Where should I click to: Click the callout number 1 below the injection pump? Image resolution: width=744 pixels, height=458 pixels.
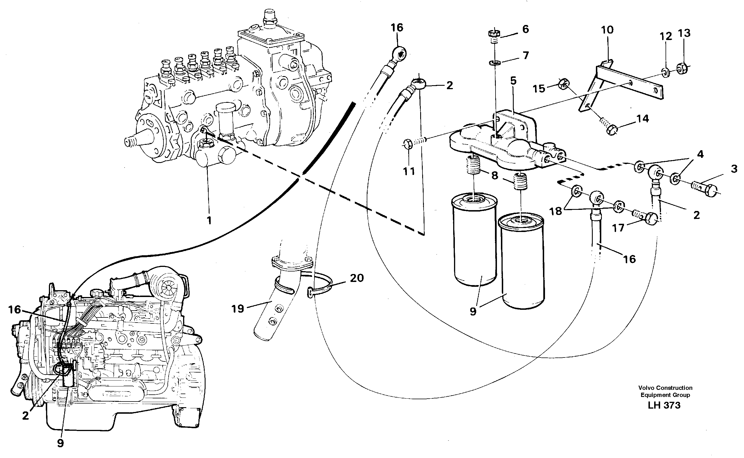coord(209,221)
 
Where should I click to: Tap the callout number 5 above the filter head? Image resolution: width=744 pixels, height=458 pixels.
coord(513,81)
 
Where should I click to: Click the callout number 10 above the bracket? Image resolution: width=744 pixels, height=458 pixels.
coord(607,30)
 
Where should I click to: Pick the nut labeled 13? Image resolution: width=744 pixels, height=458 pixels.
coord(682,68)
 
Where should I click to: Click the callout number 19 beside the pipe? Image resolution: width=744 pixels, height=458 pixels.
coord(237,309)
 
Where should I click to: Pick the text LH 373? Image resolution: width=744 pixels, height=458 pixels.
coord(664,405)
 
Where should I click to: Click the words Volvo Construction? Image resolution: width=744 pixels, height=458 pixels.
coord(665,388)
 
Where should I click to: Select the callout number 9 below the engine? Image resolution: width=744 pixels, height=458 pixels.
coord(60,443)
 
